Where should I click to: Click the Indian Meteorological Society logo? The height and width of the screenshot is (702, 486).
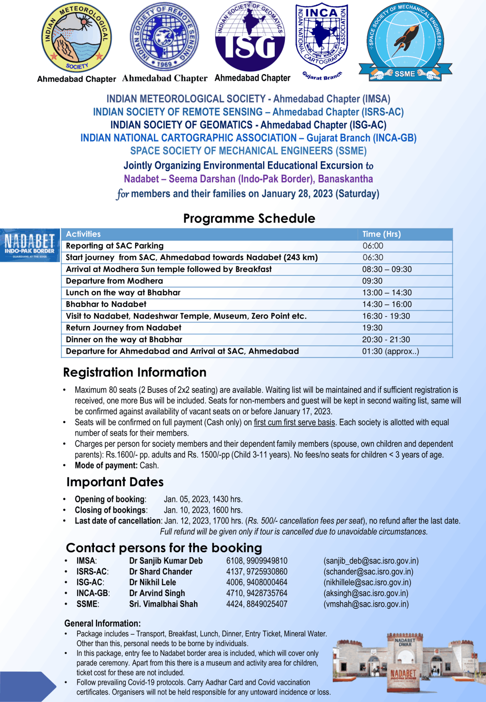(x=77, y=38)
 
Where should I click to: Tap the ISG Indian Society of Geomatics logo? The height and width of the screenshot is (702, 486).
(x=250, y=37)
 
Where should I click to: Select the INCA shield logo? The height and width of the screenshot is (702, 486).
(x=322, y=35)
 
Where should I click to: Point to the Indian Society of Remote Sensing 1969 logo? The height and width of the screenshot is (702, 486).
(x=164, y=37)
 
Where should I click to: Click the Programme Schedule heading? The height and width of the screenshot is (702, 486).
(x=249, y=219)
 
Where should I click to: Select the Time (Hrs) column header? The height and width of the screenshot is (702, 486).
(x=382, y=234)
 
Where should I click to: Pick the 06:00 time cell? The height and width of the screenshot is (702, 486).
(x=373, y=246)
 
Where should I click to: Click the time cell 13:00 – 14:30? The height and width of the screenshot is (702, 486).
(x=387, y=293)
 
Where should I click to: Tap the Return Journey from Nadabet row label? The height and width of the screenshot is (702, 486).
(x=123, y=328)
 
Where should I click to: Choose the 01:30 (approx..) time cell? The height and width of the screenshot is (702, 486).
(x=390, y=352)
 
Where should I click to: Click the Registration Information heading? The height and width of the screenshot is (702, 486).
(x=135, y=372)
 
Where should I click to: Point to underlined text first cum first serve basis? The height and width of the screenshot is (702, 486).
(x=294, y=422)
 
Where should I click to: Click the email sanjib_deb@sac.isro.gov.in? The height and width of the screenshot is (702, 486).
(x=371, y=561)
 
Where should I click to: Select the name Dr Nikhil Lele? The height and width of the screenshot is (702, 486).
(x=152, y=582)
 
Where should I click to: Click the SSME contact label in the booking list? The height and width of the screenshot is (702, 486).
(x=87, y=604)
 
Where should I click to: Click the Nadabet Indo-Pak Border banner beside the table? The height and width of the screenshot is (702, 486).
(x=30, y=245)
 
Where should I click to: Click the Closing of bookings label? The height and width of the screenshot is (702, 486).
(x=110, y=510)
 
